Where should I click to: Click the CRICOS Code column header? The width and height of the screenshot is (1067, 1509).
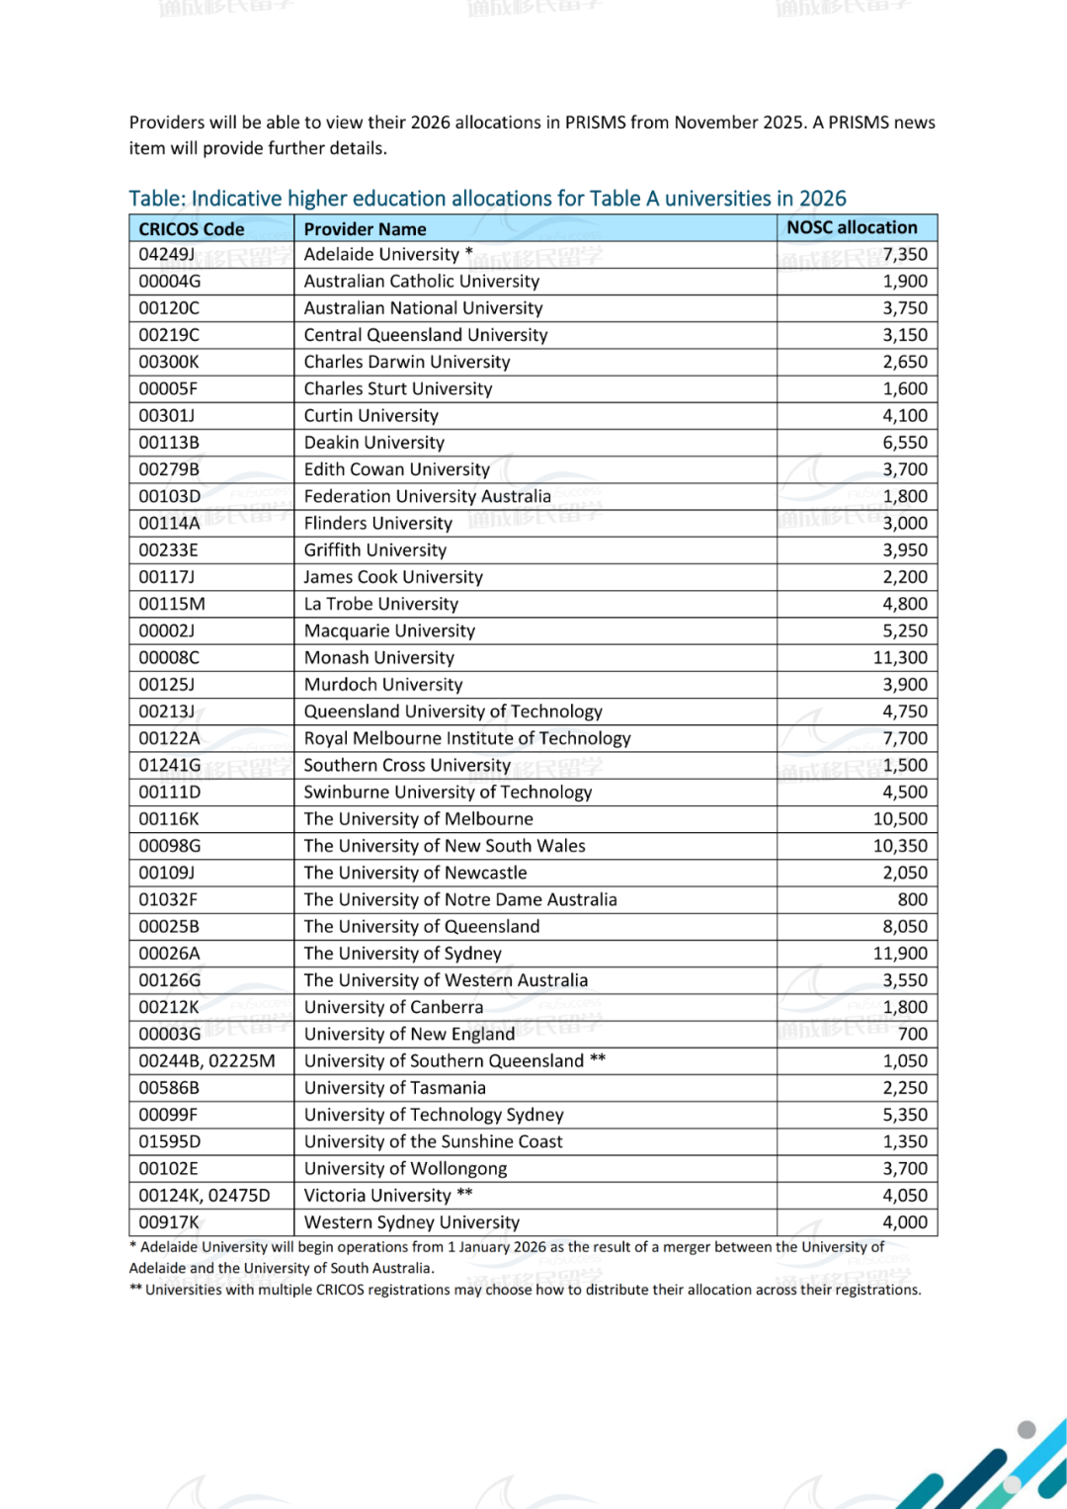(192, 229)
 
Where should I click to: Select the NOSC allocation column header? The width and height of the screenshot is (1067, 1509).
(852, 227)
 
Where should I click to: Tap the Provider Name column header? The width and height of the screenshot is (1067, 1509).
(365, 229)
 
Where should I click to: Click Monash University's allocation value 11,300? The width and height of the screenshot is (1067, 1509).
(900, 657)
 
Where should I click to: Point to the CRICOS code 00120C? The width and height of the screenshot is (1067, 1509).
(169, 308)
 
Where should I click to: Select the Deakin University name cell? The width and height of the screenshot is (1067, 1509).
(373, 443)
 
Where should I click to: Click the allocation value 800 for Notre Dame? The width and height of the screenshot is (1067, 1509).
(912, 899)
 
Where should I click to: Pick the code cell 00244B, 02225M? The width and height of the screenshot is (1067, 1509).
(206, 1060)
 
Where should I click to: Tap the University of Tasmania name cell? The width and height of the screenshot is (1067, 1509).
(394, 1088)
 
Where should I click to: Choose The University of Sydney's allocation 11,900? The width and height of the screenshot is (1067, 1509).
(900, 954)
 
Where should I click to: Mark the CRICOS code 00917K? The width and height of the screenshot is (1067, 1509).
(169, 1222)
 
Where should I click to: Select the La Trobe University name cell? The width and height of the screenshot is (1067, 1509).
(380, 604)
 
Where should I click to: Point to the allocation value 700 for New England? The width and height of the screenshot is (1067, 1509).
(912, 1034)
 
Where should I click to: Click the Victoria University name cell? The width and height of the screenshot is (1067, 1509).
(376, 1196)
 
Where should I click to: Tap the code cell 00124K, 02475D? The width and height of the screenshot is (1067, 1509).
(204, 1196)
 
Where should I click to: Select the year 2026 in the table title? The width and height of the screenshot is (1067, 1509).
(822, 199)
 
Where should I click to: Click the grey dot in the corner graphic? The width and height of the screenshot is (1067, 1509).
(1026, 1429)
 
